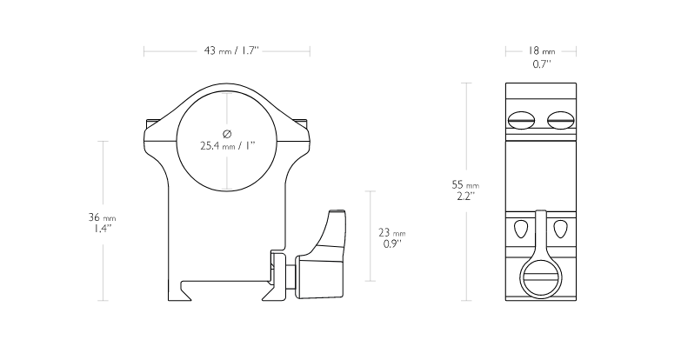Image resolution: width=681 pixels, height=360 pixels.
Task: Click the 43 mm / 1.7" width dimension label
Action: point(231,50)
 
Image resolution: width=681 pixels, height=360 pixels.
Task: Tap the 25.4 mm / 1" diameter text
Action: point(227,146)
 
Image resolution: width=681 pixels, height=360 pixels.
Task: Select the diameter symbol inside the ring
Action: point(227,133)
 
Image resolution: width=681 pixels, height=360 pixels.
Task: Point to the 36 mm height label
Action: point(102,217)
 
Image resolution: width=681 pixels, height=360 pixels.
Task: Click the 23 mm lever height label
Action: point(391,233)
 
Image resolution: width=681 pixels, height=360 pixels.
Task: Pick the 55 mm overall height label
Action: point(465,185)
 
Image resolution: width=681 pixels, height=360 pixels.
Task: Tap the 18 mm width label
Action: point(541,50)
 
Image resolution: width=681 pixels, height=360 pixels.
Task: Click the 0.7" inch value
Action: point(542,64)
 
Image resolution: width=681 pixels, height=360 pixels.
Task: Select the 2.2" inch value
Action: point(465,197)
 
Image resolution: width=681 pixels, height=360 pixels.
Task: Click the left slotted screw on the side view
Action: point(521,120)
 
